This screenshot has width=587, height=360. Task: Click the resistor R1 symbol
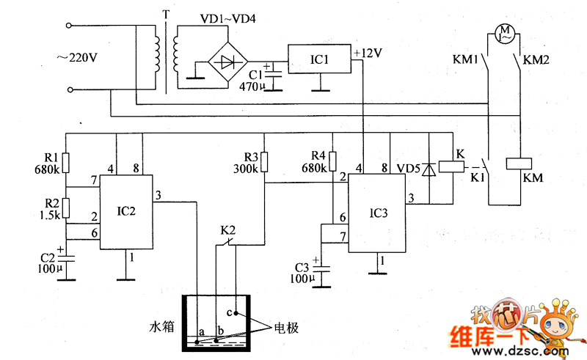[x=66, y=163]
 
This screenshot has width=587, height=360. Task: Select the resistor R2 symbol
[x=66, y=208]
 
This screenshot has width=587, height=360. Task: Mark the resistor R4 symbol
[x=332, y=162]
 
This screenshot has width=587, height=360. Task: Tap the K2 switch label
[x=228, y=229]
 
